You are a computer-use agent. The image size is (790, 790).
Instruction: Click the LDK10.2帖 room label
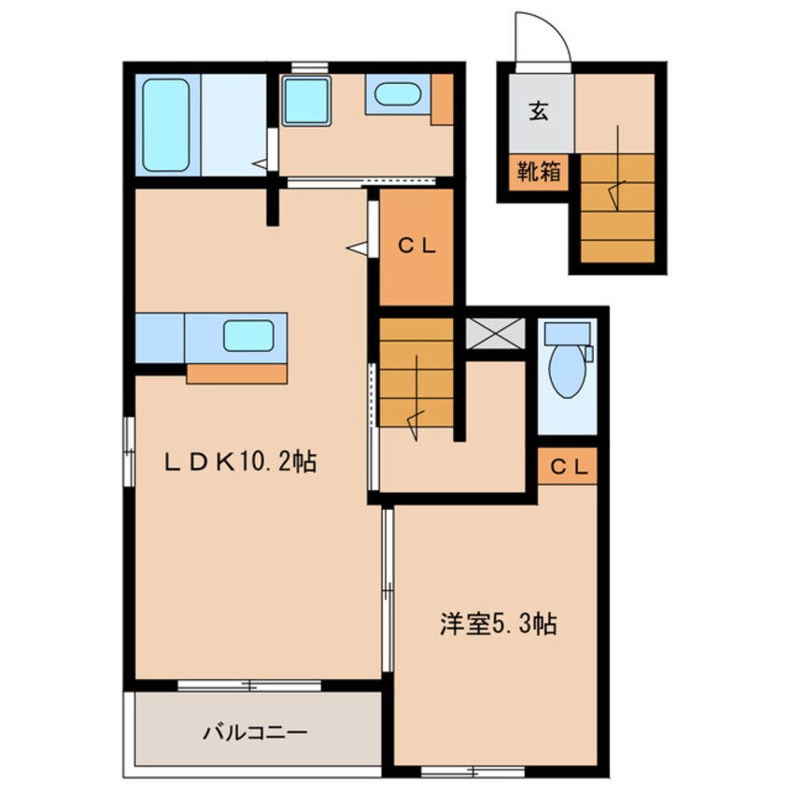click(240, 461)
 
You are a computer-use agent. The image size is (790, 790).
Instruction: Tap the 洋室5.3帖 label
click(498, 624)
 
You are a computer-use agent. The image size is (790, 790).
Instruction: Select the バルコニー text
click(255, 732)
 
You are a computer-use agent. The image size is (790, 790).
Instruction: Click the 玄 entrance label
click(538, 111)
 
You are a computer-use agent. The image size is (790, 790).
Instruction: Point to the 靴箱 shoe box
click(539, 173)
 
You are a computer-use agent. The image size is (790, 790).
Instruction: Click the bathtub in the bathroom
click(166, 125)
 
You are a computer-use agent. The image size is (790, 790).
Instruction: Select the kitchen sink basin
click(248, 335)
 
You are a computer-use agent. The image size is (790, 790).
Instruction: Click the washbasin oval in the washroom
click(398, 94)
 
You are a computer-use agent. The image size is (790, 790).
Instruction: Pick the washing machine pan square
click(306, 101)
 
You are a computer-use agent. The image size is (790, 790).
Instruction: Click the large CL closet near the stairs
click(416, 247)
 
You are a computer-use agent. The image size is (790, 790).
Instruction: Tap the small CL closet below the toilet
click(568, 466)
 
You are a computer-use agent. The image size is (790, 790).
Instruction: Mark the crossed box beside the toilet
click(495, 333)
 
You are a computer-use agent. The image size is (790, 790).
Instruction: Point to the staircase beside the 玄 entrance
click(617, 208)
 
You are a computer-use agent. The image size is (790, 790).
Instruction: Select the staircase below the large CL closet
click(416, 373)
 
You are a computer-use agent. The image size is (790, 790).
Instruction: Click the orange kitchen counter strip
click(236, 374)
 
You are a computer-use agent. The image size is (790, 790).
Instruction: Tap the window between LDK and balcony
click(249, 685)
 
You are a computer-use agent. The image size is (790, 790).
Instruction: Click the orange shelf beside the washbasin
click(442, 99)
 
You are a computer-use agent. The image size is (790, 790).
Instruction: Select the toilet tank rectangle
click(568, 333)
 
